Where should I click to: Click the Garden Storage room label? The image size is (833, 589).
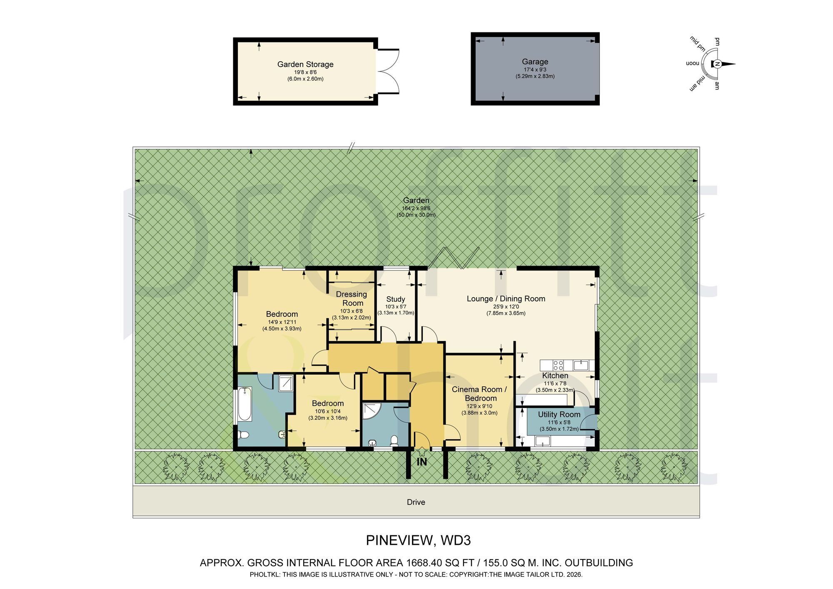(x=305, y=64)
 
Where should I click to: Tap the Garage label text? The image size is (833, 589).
(x=535, y=62)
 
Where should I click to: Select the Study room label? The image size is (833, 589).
(x=396, y=299)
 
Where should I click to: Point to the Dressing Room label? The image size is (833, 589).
(x=352, y=298)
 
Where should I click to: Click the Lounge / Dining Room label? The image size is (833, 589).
(x=506, y=298)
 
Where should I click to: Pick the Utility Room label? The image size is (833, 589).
(x=559, y=415)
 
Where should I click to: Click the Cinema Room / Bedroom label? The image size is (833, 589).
(x=479, y=394)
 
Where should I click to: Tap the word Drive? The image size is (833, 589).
(x=416, y=502)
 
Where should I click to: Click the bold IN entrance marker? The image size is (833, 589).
(x=422, y=462)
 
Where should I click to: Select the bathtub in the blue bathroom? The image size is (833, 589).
(x=244, y=404)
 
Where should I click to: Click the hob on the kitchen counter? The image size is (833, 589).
(x=558, y=365)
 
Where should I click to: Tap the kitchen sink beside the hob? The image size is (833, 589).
(x=581, y=365)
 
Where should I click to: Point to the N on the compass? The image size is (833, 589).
(x=718, y=64)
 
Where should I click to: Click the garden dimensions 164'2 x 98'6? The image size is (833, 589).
(x=416, y=209)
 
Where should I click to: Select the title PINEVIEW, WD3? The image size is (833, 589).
(x=418, y=540)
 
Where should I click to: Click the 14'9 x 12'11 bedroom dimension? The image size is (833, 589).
(x=282, y=322)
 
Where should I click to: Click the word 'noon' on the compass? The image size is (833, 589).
(x=692, y=64)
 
